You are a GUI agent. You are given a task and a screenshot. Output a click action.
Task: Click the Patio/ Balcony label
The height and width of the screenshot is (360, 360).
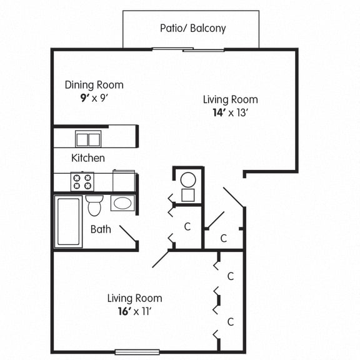pos(192,28)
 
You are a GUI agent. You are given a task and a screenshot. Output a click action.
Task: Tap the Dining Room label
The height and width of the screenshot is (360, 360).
pos(94,85)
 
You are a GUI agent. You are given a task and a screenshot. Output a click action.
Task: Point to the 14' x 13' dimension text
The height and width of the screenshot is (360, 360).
pos(230,113)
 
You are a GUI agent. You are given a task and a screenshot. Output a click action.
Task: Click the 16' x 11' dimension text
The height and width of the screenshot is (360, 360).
pos(134,311)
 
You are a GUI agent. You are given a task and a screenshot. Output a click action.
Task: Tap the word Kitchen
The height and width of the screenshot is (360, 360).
pos(88,158)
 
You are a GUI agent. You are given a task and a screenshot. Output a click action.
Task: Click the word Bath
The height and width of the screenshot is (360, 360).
pos(101,229)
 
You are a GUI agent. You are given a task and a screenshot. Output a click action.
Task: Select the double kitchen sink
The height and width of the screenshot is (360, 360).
pos(88,139)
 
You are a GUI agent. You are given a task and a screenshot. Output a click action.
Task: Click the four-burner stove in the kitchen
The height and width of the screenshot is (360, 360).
pos(82,181)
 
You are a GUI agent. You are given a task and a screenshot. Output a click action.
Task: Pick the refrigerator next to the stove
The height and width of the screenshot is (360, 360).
pos(124,181)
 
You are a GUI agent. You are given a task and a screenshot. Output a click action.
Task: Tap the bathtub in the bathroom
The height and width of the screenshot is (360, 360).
pos(67,222)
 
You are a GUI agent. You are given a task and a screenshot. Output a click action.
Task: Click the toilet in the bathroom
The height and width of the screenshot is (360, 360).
pos(94,205)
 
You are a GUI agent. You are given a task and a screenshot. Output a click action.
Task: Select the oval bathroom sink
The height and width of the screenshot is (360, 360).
pos(122,203)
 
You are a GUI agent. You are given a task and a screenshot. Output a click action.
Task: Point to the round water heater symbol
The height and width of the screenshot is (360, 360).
pos(187,180)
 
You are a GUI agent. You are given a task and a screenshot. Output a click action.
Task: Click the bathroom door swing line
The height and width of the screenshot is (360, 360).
pos(128,235)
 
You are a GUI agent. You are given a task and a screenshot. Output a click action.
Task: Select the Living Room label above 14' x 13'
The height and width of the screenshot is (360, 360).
pos(230,99)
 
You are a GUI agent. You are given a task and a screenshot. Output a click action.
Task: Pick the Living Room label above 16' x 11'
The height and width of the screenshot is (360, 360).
pos(134,298)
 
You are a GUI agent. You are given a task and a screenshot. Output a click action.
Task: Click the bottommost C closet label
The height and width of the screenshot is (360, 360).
pos(231,322)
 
